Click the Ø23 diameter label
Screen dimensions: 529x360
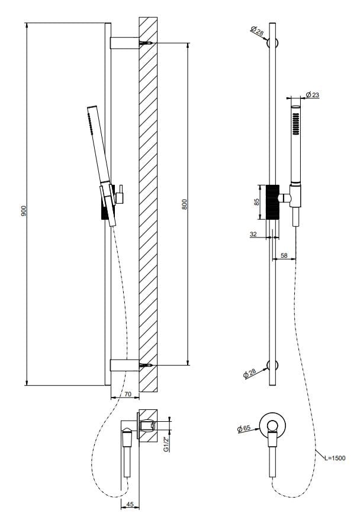click(x=313, y=95)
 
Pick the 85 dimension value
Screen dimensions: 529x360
click(x=256, y=201)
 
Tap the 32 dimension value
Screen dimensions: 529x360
click(x=253, y=234)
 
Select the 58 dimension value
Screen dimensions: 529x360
click(x=284, y=255)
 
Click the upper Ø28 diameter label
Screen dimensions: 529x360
click(x=257, y=31)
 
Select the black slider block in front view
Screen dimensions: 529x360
click(x=272, y=202)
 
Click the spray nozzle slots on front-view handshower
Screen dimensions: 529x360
click(x=294, y=125)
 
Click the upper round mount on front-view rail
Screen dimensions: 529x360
click(x=272, y=43)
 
